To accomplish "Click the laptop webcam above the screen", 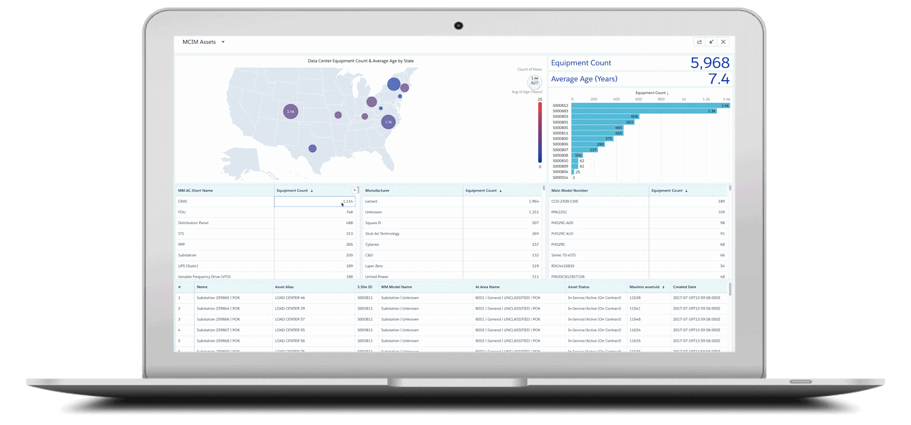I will point(458,26).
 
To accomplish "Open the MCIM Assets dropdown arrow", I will point(223,42).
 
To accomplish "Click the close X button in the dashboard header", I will point(723,42).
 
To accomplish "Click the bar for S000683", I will point(643,111).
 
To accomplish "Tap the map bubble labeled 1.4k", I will point(291,112).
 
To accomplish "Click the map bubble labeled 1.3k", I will point(388,122).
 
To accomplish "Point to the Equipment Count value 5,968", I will point(709,63).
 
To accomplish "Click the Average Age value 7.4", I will point(719,79).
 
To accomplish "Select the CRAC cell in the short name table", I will point(183,201).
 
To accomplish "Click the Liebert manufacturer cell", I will point(371,201).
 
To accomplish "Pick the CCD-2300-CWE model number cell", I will point(565,201).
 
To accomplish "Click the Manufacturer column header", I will point(377,191).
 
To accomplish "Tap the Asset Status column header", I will point(578,287).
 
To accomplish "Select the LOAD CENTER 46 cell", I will point(290,298).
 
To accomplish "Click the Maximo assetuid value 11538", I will point(635,298).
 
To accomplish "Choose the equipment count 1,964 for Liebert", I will point(533,201).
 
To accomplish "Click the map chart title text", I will point(360,61).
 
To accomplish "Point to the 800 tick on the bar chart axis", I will point(661,100).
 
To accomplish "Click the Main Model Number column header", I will point(569,191).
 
